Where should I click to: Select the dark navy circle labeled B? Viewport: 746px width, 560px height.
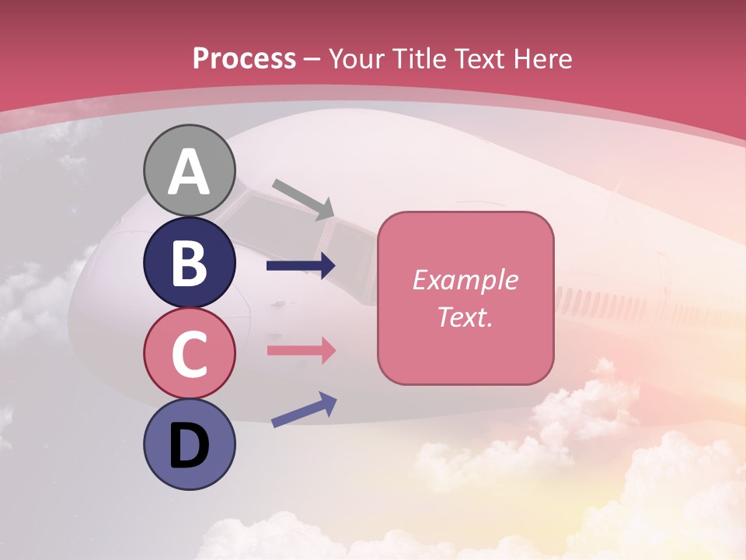click(x=190, y=264)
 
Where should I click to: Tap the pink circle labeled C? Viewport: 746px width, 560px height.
click(x=190, y=354)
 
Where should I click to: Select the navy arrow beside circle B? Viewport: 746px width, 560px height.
click(x=301, y=266)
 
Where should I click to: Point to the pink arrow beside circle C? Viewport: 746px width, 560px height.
click(x=301, y=350)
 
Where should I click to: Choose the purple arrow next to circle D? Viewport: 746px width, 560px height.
click(x=304, y=410)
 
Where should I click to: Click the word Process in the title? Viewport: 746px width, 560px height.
click(x=244, y=58)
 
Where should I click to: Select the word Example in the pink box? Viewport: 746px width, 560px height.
click(x=465, y=280)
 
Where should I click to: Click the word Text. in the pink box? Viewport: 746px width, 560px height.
click(x=465, y=317)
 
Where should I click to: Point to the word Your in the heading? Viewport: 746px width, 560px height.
click(x=357, y=58)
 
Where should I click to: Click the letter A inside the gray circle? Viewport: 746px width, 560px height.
click(x=190, y=172)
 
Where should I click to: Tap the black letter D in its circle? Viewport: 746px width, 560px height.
click(x=190, y=446)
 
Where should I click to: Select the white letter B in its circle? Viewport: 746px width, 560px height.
click(x=190, y=264)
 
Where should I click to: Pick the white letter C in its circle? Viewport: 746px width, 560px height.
click(x=190, y=354)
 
